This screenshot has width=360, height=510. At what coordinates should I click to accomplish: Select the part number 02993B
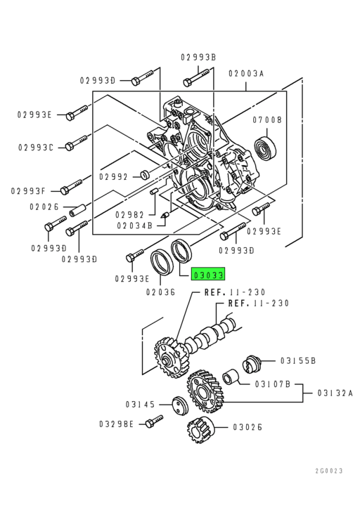[x=198, y=57]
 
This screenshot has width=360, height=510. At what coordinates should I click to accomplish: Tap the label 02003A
[x=245, y=73]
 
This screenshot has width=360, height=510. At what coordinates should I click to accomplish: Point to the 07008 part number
[x=269, y=120]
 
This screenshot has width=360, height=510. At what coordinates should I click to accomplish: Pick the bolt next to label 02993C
[x=76, y=145]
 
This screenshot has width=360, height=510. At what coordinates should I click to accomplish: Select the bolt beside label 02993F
[x=72, y=188]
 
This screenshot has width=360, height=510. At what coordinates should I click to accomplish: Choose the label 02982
[x=129, y=214]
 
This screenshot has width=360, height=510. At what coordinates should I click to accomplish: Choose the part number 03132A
[x=334, y=393]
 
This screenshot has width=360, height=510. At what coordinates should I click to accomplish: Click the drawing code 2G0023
[x=328, y=471]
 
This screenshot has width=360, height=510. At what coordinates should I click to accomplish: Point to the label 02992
[x=112, y=176]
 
